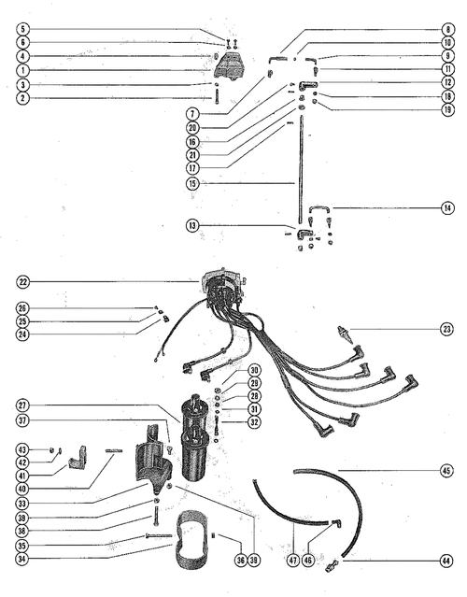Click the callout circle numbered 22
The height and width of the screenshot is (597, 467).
22,282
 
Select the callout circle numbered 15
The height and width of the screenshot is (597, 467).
192,183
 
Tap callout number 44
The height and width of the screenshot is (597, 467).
446,561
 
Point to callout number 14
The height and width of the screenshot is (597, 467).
447,208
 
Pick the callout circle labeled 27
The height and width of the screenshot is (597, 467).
22,405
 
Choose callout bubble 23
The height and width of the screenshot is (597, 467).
446,329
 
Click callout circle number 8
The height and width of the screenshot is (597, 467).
448,29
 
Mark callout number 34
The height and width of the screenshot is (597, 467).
22,559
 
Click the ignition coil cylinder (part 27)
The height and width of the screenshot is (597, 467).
194,439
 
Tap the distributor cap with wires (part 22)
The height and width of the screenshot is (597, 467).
222,287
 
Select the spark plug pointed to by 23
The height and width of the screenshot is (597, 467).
343,334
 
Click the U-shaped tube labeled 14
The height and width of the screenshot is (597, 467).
319,208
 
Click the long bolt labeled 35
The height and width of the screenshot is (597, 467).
159,535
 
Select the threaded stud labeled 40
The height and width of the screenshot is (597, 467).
114,451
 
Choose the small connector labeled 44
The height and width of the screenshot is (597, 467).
332,566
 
